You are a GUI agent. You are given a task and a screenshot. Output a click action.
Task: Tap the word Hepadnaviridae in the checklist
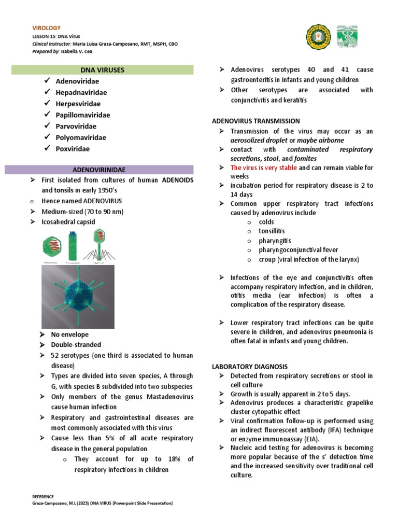pos(81,92)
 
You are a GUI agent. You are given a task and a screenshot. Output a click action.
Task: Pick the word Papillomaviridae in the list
pos(83,115)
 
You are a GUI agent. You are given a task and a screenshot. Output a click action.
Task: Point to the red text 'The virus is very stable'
pos(264,168)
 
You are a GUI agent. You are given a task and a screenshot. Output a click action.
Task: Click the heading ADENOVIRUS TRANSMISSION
pos(256,121)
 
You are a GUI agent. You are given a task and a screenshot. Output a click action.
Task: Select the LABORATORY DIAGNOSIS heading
pos(249,366)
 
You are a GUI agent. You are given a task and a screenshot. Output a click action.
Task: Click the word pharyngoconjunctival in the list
pos(288,250)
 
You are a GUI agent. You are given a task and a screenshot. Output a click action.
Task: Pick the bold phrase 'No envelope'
pos(69,334)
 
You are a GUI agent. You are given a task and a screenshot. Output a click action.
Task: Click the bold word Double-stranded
pos(76,344)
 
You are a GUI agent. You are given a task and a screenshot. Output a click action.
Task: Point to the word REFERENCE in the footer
pos(43,496)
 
